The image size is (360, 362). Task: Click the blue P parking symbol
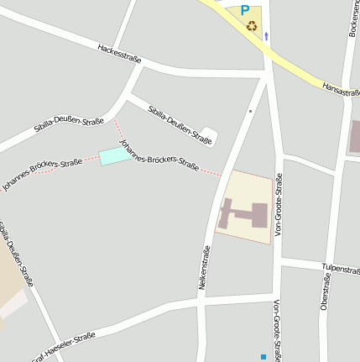pyautogui.click(x=245, y=10)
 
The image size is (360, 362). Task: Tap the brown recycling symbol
pyautogui.click(x=252, y=25)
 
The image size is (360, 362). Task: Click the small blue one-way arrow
pyautogui.click(x=267, y=36)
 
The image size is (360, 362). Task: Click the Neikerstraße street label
pyautogui.click(x=205, y=267)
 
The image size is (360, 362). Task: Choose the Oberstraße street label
pyautogui.click(x=326, y=290)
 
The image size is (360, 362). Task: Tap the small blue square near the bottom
pyautogui.click(x=263, y=357)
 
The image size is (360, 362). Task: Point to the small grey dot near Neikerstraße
pyautogui.click(x=250, y=110)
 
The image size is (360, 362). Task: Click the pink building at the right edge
pyautogui.click(x=355, y=136)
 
